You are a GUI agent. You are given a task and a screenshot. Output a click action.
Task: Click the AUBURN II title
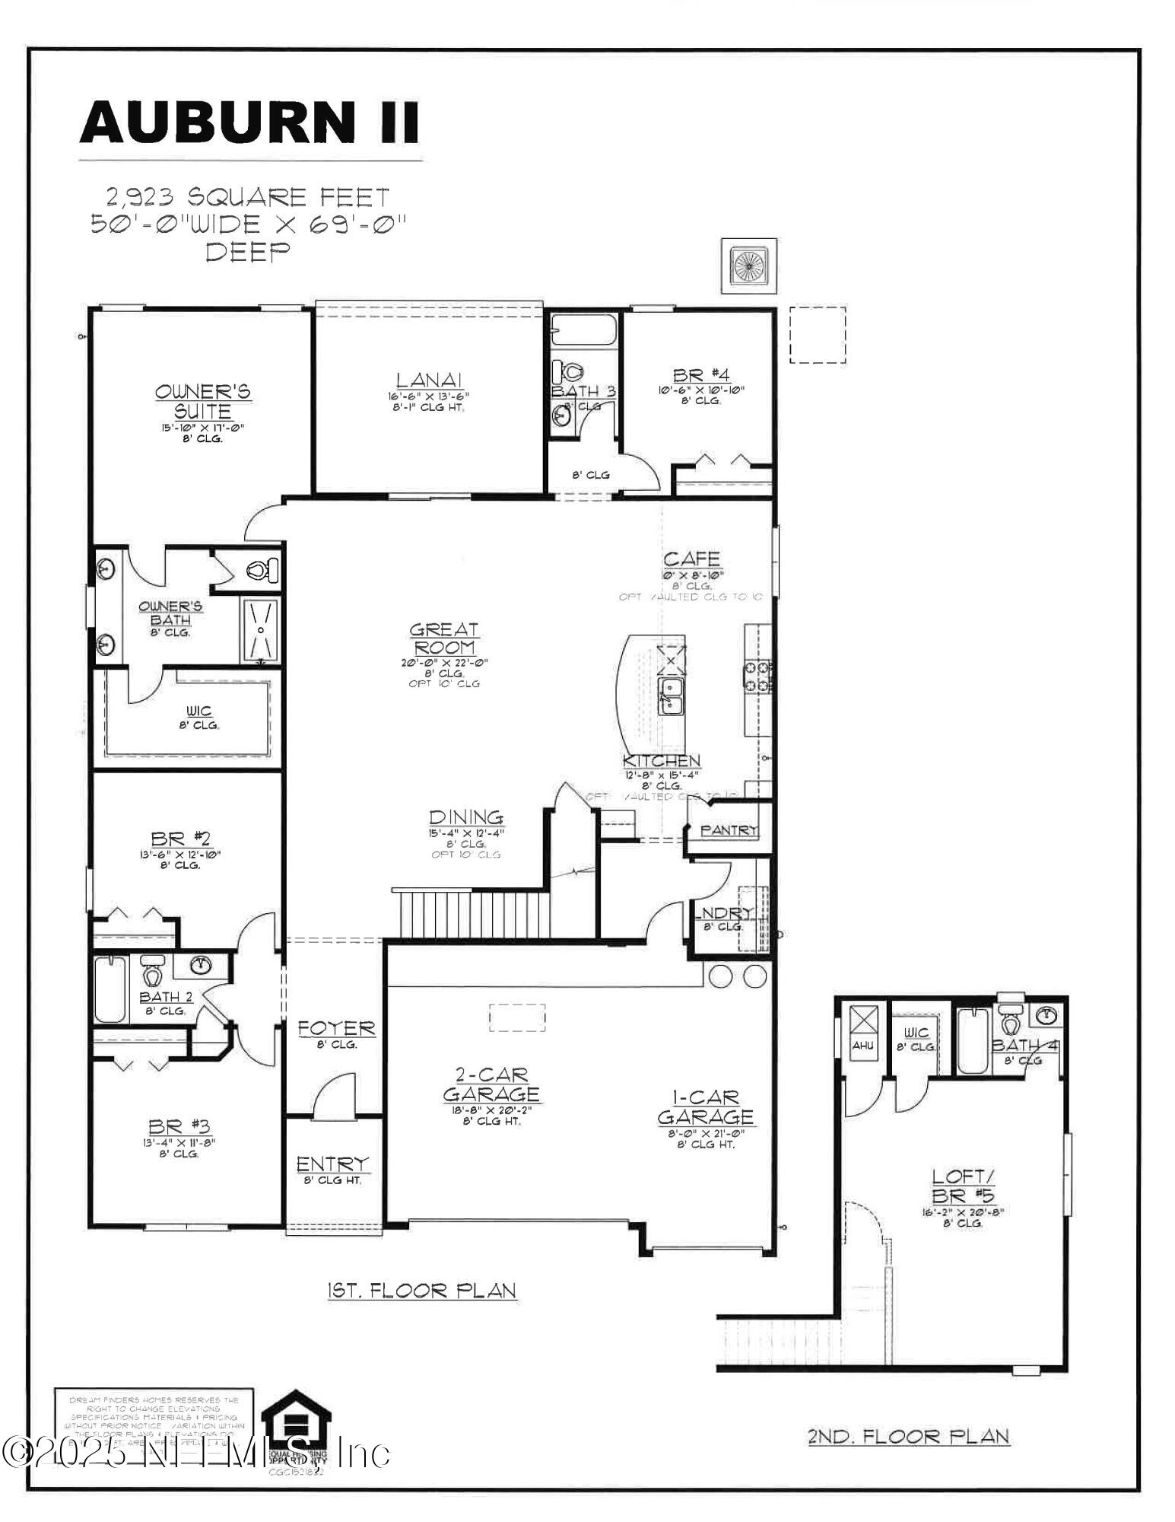249,123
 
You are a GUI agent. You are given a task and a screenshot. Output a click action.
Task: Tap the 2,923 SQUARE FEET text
248,198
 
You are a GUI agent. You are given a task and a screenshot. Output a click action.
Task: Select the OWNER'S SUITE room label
202,401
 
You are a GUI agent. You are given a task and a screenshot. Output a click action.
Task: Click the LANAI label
429,380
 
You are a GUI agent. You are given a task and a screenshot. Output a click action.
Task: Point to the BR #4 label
700,375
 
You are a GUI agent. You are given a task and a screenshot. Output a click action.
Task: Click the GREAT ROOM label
444,638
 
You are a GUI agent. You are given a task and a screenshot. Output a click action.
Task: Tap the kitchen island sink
671,694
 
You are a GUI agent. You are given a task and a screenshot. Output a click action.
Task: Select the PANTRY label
729,829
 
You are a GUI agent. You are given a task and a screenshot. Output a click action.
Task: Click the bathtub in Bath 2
110,989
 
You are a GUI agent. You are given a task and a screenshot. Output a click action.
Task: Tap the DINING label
466,817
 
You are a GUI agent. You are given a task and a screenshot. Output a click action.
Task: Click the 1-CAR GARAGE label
705,1107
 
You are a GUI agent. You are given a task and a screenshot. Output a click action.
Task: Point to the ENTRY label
332,1164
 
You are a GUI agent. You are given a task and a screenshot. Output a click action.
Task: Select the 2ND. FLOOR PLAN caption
908,1436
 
